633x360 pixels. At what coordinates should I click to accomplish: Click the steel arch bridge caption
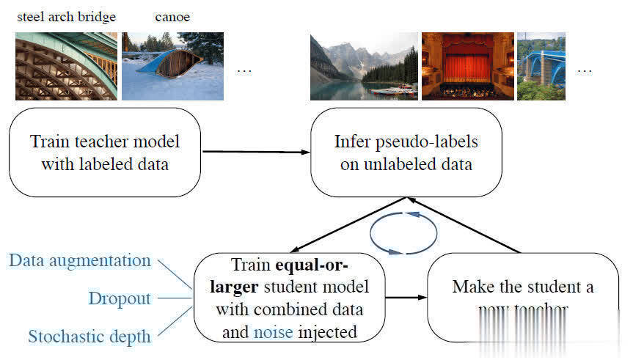click(66, 17)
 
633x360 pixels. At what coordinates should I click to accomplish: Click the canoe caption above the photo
click(172, 17)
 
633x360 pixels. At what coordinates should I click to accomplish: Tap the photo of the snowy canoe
click(172, 66)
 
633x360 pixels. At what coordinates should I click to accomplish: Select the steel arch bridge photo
click(66, 66)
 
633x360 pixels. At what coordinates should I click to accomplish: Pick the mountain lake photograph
click(363, 66)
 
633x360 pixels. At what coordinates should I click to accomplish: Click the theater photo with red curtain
click(466, 66)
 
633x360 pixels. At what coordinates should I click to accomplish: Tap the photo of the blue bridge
click(541, 66)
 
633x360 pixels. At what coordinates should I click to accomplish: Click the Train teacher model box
click(105, 153)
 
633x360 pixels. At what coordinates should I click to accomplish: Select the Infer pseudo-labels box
click(406, 153)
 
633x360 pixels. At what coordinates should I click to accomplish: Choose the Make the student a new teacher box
click(522, 297)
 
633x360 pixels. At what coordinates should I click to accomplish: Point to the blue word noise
click(273, 332)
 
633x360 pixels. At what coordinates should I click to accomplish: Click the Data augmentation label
click(80, 260)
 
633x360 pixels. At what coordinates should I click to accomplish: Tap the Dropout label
click(120, 298)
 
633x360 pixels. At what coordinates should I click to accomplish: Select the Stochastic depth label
click(89, 337)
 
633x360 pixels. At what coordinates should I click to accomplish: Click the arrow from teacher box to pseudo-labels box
click(255, 152)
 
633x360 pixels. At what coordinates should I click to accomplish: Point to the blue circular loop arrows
click(404, 233)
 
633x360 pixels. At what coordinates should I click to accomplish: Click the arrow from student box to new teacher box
click(406, 298)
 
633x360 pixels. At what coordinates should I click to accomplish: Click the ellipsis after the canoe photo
click(244, 70)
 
